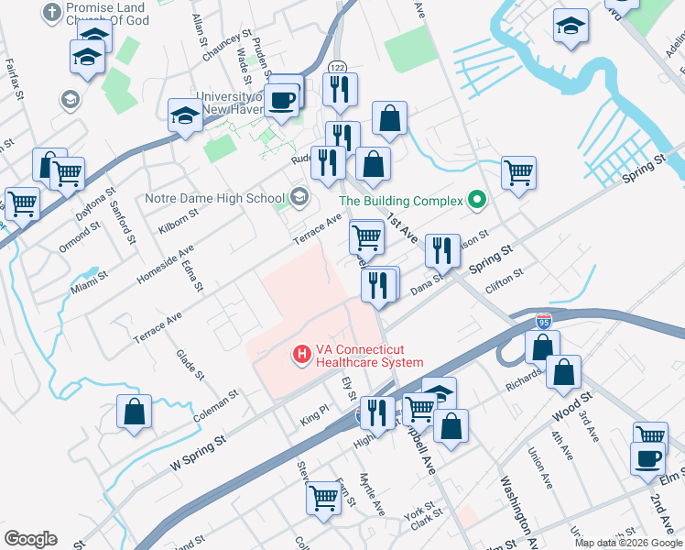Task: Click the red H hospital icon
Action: (299, 353)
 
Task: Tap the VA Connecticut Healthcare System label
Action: (369, 356)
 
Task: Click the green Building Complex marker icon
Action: (476, 198)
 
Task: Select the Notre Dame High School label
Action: (215, 198)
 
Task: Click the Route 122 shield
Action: (338, 68)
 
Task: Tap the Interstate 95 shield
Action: (544, 322)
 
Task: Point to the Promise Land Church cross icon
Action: (52, 13)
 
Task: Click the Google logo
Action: (30, 539)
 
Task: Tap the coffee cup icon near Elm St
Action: (647, 457)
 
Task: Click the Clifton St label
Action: (505, 274)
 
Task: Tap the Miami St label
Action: (90, 280)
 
